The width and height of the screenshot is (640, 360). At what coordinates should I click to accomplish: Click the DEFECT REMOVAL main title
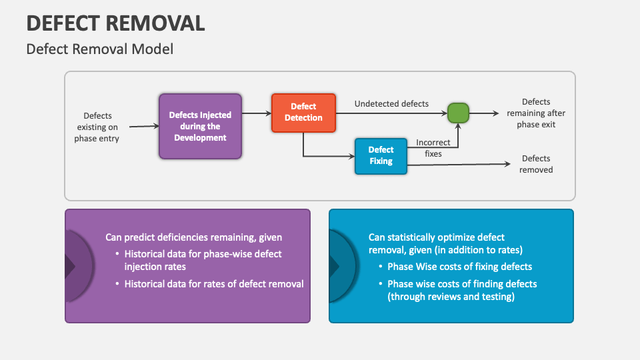pyautogui.click(x=115, y=23)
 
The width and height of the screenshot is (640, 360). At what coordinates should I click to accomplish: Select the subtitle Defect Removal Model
pyautogui.click(x=99, y=49)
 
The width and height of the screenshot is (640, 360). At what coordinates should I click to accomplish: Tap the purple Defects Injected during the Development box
pyautogui.click(x=200, y=126)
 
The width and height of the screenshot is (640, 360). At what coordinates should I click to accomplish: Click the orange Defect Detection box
pyautogui.click(x=303, y=112)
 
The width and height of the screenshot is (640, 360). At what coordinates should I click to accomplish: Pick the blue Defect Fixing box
pyautogui.click(x=381, y=155)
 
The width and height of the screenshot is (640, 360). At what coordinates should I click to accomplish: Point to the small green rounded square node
pyautogui.click(x=458, y=113)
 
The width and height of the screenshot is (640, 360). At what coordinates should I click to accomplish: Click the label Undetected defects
pyautogui.click(x=391, y=103)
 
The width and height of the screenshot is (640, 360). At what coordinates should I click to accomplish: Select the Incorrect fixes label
pyautogui.click(x=433, y=148)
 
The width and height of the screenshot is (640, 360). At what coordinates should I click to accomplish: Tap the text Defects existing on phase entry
pyautogui.click(x=97, y=127)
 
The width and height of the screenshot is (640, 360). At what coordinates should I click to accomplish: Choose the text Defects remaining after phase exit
pyautogui.click(x=536, y=113)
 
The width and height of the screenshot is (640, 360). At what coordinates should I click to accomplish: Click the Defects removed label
pyautogui.click(x=536, y=164)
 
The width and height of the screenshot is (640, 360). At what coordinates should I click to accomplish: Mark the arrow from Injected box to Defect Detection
pyautogui.click(x=256, y=113)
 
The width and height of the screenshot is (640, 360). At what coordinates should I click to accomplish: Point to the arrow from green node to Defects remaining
pyautogui.click(x=484, y=113)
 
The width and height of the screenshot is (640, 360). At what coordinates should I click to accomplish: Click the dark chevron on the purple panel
pyautogui.click(x=70, y=266)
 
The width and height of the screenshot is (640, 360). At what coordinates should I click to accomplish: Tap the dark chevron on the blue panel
pyautogui.click(x=334, y=266)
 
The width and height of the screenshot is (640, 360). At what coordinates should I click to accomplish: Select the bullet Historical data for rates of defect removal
pyautogui.click(x=214, y=284)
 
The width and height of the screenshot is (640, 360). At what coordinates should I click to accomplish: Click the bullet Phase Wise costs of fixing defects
pyautogui.click(x=459, y=267)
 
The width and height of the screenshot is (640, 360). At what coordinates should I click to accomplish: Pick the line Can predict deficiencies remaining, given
pyautogui.click(x=193, y=237)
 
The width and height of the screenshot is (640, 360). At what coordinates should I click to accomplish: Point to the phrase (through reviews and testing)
pyautogui.click(x=451, y=297)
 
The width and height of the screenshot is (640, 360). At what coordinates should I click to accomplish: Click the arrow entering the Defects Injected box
pyautogui.click(x=143, y=126)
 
